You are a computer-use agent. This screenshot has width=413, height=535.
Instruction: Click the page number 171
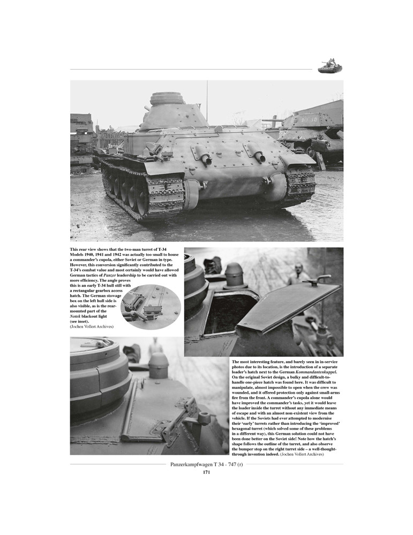(206, 472)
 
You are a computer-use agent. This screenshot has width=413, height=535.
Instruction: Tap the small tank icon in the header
(329, 67)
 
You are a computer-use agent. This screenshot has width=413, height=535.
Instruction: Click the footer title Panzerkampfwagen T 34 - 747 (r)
(206, 464)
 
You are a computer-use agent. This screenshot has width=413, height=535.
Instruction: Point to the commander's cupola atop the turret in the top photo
(167, 98)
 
